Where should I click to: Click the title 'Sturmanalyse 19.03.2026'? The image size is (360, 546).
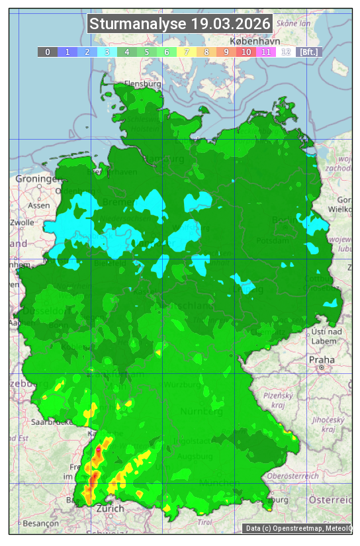click(x=180, y=24)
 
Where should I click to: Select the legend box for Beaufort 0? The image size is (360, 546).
click(x=47, y=52)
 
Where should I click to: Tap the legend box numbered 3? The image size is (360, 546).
click(x=107, y=52)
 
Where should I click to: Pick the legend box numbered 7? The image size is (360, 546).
click(x=187, y=52)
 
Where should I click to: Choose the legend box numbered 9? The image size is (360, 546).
click(x=226, y=52)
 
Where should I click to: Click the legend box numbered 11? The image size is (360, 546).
click(x=266, y=52)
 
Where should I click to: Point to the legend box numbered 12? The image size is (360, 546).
click(x=286, y=52)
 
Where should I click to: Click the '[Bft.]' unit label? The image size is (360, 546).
click(x=308, y=52)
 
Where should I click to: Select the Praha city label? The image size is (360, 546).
click(x=321, y=359)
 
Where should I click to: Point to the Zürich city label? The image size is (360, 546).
click(x=110, y=509)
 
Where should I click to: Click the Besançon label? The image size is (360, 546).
click(x=41, y=523)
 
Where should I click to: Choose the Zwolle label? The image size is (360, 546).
click(x=21, y=222)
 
